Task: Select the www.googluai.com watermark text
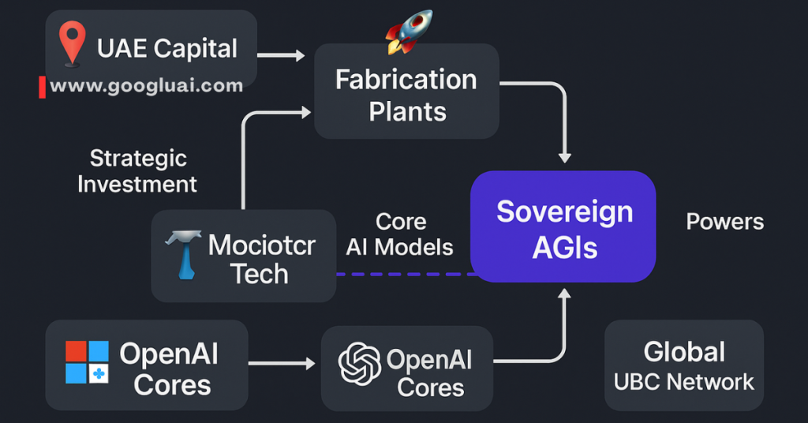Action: click(x=147, y=86)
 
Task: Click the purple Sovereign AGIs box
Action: click(x=563, y=227)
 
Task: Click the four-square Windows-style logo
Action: click(x=87, y=362)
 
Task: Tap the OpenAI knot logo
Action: click(x=359, y=363)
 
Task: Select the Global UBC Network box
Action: click(x=683, y=365)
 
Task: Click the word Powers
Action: click(x=724, y=222)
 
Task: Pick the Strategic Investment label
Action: click(x=137, y=171)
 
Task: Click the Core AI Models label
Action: click(x=400, y=234)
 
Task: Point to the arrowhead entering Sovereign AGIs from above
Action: click(x=565, y=158)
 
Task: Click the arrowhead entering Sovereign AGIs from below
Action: click(x=565, y=295)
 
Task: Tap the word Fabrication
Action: click(x=406, y=79)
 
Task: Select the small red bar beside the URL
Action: click(x=42, y=87)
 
